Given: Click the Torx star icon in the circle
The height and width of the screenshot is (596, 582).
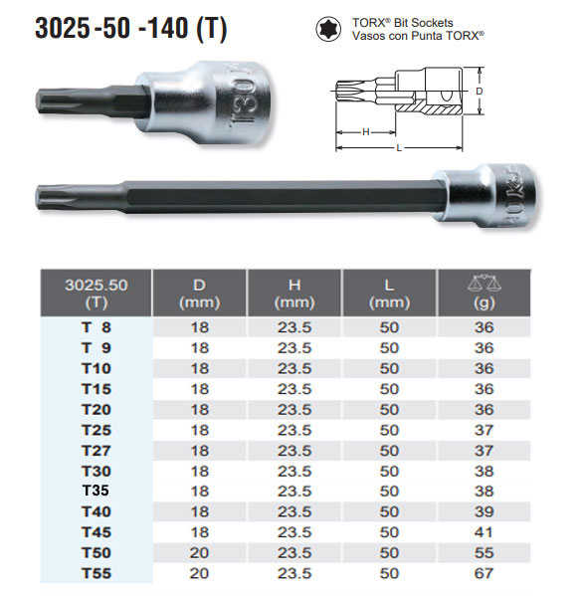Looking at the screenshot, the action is pos(328,29).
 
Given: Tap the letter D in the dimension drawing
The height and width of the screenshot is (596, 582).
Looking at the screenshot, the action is pos(479,92).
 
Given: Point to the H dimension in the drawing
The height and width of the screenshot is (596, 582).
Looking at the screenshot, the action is pos(366,132).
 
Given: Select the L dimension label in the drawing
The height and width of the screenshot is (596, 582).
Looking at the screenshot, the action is pos(399,148).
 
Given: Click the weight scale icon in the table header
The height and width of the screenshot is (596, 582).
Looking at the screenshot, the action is pos(485,283).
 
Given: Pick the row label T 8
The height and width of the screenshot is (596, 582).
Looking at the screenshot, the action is pos(97,327).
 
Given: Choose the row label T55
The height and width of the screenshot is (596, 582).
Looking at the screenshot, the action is pos(97,573).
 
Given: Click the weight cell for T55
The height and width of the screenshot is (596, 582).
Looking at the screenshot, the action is pos(484,573).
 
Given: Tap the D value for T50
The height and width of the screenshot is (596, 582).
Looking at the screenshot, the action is pos(199,552).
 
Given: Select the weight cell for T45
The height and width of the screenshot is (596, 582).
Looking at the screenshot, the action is pos(484,532).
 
